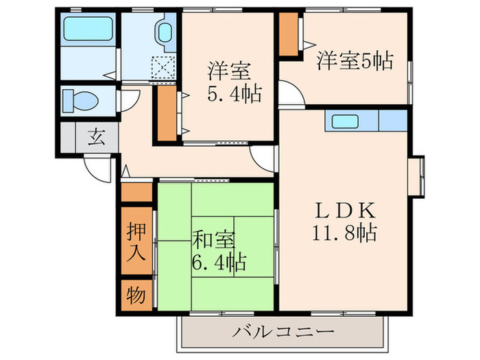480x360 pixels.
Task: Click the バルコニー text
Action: point(283,332)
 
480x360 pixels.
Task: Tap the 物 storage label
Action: point(136,296)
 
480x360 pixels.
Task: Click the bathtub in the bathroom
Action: point(87,30)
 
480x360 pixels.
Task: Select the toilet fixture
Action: point(81,101)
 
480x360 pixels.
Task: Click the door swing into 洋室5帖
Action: point(291,95)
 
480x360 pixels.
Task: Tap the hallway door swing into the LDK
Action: point(263,158)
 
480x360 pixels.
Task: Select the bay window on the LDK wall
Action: point(418,174)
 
